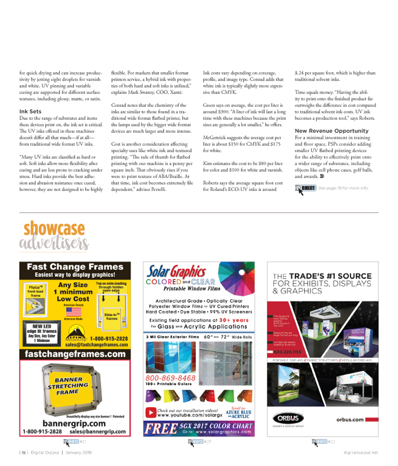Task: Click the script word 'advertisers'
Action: pyautogui.click(x=54, y=243)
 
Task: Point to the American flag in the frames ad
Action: pyautogui.click(x=73, y=311)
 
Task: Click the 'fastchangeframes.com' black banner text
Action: pyautogui.click(x=75, y=354)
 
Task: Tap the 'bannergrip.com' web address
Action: pyautogui.click(x=75, y=423)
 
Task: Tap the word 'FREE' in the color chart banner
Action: pyautogui.click(x=158, y=428)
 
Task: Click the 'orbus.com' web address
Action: pyautogui.click(x=350, y=420)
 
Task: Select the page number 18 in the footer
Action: pyautogui.click(x=23, y=452)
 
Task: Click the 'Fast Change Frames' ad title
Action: pyautogui.click(x=75, y=267)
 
